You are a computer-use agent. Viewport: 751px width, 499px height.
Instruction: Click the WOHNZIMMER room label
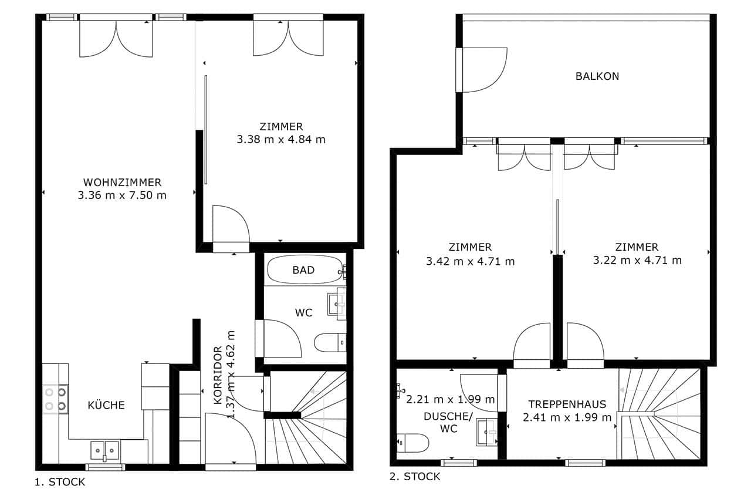point(122,183)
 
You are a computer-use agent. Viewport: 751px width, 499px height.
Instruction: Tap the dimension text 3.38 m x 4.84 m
point(281,139)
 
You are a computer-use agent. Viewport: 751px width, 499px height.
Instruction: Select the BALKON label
point(597,76)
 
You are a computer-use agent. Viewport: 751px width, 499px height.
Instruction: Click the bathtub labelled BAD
point(305,269)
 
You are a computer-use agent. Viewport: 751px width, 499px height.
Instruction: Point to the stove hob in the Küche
point(56,399)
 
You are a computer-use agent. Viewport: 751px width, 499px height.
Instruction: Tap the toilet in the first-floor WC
point(330,342)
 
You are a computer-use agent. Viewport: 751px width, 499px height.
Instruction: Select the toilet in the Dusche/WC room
point(412,443)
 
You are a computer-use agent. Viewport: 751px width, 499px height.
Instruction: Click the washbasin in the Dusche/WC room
point(487,432)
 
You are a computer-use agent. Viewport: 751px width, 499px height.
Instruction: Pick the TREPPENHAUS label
point(567,404)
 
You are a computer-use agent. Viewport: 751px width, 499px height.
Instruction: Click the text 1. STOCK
point(60,482)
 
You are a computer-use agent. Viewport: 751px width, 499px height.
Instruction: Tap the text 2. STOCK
point(415,477)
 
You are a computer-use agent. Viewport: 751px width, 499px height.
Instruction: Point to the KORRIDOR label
point(218,376)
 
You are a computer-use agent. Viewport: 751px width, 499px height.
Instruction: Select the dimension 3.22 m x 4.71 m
point(637,260)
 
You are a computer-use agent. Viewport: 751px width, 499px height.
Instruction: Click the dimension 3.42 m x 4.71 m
point(470,261)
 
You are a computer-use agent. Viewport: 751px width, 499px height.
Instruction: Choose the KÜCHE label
point(106,404)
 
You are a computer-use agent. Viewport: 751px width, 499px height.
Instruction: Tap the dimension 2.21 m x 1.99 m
point(450,399)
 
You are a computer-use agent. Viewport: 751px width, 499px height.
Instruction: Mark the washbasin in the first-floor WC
point(337,304)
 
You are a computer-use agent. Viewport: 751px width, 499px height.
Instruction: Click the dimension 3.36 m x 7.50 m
point(122,195)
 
